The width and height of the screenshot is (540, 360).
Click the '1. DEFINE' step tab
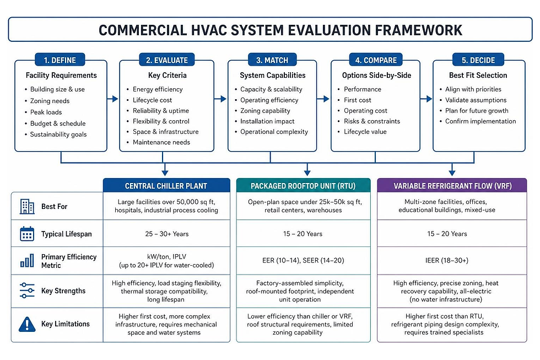pos(60,60)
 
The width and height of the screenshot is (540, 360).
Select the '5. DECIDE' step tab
pos(478,60)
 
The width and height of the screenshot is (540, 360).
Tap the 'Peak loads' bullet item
pos(46,112)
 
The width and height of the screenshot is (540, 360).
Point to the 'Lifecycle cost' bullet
pos(152,100)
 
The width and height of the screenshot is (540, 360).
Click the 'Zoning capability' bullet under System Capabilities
pos(265,111)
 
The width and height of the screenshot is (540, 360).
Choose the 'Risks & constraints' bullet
pos(372,121)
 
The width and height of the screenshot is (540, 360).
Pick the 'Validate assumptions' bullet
pos(476,100)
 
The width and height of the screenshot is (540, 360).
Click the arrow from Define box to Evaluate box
pos(112,99)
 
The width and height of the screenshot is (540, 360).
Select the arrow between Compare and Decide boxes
pos(426,99)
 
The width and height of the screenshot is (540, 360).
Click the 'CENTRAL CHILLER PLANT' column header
pos(166,186)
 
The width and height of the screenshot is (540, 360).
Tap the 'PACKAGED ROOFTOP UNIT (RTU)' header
pos(303,186)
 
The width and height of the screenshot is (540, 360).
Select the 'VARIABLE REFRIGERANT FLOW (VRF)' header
pos(452,186)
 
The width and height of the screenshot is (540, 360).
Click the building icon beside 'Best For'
pos(27,206)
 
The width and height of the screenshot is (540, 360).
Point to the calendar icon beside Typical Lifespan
pos(27,234)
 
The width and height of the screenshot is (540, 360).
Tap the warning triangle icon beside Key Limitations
pos(27,324)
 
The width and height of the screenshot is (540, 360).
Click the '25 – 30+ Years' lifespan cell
pos(166,234)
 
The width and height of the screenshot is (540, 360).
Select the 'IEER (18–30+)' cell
pos(447,260)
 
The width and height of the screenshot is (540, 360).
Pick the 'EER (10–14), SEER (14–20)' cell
pos(303,260)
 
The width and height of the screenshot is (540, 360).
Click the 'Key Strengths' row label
pos(63,291)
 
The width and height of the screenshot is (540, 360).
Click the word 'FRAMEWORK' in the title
pos(418,30)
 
